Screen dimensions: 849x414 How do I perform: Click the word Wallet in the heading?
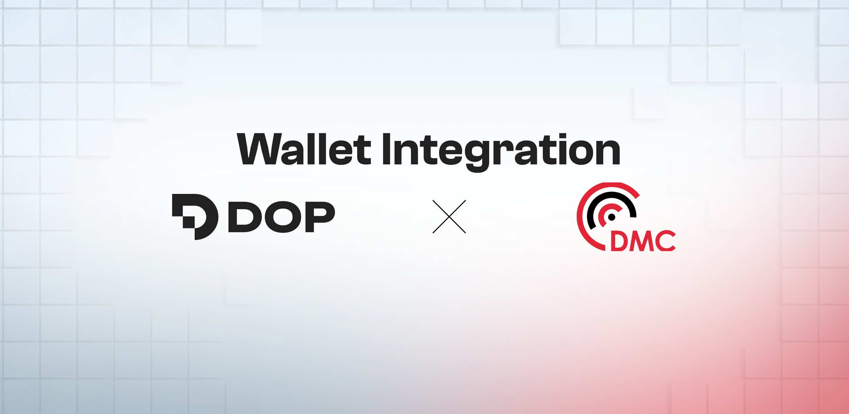coord(303,149)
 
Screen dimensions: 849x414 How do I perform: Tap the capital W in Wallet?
coord(259,149)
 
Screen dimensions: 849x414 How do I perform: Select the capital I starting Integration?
coord(387,149)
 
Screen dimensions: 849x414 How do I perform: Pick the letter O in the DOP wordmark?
coord(283,217)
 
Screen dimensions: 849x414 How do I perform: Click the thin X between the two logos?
coord(449,216)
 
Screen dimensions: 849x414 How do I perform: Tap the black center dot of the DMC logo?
coord(612,217)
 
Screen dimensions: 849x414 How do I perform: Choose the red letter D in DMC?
coord(619,241)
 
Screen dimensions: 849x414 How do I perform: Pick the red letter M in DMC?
coord(642,241)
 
